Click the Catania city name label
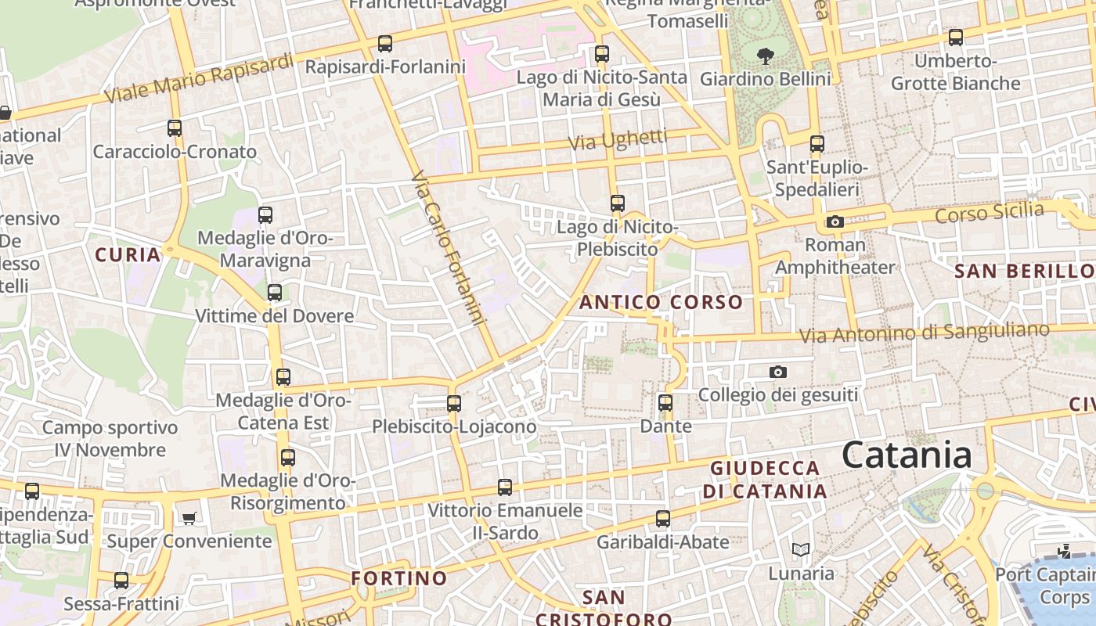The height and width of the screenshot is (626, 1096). click(907, 455)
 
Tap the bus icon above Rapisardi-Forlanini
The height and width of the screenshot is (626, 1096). click(384, 44)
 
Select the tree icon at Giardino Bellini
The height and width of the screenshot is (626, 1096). click(765, 56)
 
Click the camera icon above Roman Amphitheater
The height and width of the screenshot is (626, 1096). click(835, 222)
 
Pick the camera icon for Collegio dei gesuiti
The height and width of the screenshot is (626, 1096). click(777, 372)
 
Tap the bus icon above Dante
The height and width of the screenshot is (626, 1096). click(665, 404)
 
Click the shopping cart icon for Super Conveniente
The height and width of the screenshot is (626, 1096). click(189, 518)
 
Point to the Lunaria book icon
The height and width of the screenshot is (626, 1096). click(800, 550)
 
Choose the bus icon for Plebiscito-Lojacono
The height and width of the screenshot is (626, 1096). click(454, 404)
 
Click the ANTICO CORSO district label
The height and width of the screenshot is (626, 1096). click(662, 302)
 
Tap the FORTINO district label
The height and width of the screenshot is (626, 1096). click(399, 578)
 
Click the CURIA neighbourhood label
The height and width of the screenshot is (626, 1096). click(128, 254)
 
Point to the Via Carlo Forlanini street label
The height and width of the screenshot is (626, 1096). click(448, 248)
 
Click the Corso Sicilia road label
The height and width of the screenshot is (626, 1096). click(990, 212)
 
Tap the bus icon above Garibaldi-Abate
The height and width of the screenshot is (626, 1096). click(663, 519)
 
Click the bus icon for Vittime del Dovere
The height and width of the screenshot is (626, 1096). click(274, 293)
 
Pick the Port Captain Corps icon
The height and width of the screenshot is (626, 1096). click(1063, 550)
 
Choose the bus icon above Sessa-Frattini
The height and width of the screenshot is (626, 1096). click(121, 581)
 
